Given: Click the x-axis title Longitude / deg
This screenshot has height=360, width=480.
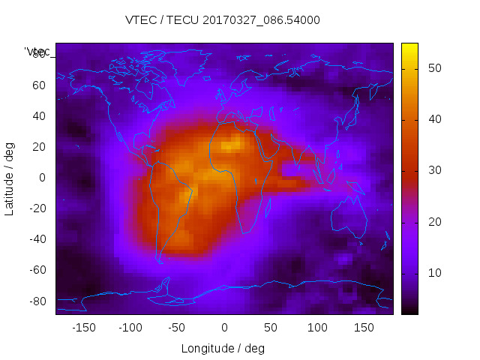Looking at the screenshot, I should click(223, 348).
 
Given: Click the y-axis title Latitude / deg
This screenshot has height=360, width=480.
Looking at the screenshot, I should click(10, 178).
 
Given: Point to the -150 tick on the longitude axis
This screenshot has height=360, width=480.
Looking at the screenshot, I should click(83, 327).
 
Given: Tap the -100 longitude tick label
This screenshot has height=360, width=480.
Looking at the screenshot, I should click(130, 327).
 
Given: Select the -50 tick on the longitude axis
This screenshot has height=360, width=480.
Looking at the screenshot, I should click(177, 327).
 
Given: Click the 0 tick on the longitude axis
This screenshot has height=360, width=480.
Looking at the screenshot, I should click(224, 327).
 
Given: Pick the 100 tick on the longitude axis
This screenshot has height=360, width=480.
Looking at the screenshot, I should click(317, 327).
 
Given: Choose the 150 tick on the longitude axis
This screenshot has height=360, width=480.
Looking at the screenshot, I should click(364, 327).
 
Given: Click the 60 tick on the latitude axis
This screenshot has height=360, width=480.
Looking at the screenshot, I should click(38, 85).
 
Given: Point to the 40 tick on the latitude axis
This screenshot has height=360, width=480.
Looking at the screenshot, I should click(38, 115).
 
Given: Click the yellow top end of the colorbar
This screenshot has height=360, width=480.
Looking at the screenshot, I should click(409, 46).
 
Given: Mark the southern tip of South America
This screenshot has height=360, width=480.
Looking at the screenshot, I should click(160, 262).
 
